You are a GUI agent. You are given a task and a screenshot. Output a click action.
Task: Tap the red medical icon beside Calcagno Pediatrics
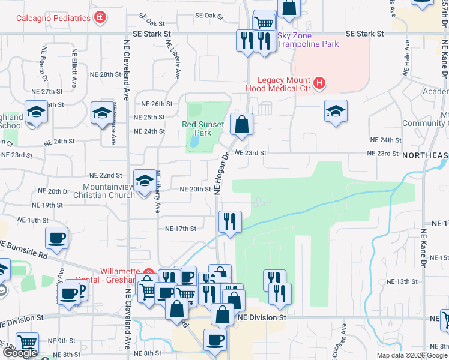tap(100, 17)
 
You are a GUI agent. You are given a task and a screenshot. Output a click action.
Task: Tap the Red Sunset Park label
tap(203, 128)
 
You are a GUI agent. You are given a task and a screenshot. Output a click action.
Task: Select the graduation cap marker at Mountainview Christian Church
tap(144, 181)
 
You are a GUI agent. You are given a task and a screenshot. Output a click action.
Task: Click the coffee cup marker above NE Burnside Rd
tap(57, 237)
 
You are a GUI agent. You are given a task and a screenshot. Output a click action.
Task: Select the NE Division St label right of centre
tap(259, 319)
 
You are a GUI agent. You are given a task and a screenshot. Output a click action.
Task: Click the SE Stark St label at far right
tap(364, 34)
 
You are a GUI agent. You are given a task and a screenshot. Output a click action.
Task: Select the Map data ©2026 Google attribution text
tap(412, 355)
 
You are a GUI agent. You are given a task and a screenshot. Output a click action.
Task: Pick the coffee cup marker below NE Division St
tap(214, 340)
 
